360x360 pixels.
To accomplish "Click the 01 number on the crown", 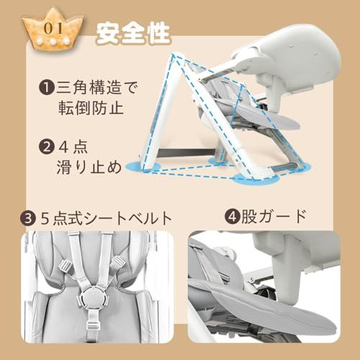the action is (53, 28).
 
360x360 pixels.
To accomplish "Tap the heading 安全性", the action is (133, 34).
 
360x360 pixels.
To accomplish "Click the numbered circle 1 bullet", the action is (46, 88).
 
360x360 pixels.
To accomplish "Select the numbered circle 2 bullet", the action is (46, 147).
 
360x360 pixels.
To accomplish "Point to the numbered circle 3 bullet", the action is (28, 219).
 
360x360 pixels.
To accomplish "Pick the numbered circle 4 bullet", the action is (232, 217).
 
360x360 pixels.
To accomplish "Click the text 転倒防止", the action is (91, 108).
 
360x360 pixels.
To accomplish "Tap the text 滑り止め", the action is (89, 166).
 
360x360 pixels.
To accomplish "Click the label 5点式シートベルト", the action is (106, 218).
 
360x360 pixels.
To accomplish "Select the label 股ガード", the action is (274, 216).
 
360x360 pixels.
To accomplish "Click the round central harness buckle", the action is (92, 297).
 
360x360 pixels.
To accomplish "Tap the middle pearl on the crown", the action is (53, 42).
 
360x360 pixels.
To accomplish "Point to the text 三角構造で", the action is (97, 88).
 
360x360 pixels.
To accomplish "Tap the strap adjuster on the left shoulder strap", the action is (66, 267).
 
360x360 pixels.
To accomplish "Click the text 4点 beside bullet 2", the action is (73, 147).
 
